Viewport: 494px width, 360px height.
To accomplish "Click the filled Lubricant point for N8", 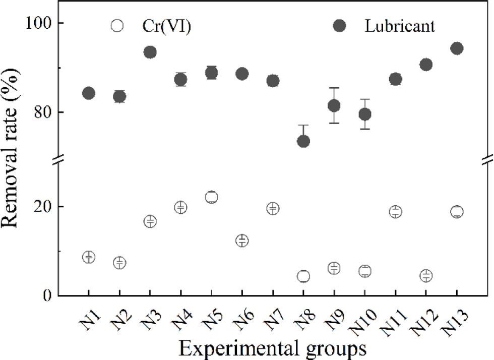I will click(303, 141).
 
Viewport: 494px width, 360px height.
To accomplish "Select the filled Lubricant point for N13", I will click(457, 48).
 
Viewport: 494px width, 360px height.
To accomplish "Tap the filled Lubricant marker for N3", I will click(150, 52).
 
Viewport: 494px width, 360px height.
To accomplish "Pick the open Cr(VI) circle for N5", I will click(211, 197).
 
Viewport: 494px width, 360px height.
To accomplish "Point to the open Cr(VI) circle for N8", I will click(303, 276).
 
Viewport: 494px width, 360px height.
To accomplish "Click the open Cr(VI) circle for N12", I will click(426, 275).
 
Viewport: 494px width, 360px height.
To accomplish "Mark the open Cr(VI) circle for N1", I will click(89, 257).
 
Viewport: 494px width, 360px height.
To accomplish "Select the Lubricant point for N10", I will click(364, 114).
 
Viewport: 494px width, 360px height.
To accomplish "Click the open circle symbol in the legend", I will click(117, 26).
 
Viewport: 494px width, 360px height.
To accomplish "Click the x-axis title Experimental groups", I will click(272, 348).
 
